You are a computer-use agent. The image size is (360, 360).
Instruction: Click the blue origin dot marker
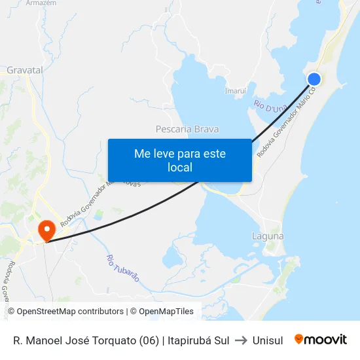click(x=314, y=79)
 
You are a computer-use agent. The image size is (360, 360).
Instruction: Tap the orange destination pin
click(x=46, y=230)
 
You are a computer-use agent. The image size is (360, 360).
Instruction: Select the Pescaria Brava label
click(x=187, y=129)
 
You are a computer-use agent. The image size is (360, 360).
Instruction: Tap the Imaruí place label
click(x=235, y=90)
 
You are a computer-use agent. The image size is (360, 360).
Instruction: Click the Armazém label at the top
click(x=41, y=3)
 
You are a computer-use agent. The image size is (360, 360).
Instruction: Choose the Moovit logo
click(x=321, y=340)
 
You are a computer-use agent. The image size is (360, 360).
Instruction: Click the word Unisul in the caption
click(x=268, y=340)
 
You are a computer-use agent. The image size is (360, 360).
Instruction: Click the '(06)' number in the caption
click(x=148, y=340)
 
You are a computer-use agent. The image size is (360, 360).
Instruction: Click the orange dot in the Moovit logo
click(x=299, y=339)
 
